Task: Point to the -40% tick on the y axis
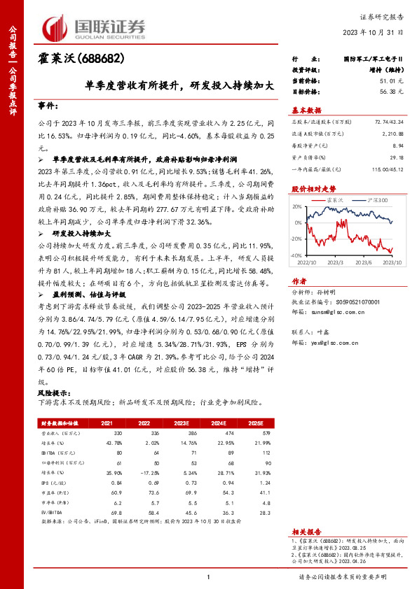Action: pos(296,256)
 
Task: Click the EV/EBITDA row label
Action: pos(52,512)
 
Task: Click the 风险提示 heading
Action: pos(54,393)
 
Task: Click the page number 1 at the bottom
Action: pos(208,576)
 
